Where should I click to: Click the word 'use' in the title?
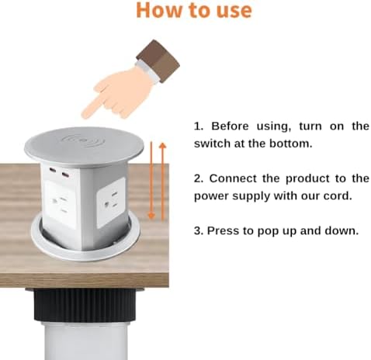[231, 11]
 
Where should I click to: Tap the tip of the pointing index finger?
[85, 113]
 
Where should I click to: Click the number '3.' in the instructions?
[198, 230]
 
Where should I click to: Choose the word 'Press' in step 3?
[227, 230]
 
